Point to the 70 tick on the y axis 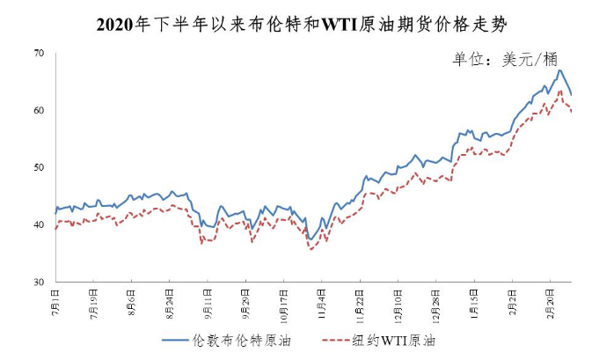pos(39,54)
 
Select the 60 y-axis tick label pos(39,111)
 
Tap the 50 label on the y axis pos(39,168)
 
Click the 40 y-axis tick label pos(39,225)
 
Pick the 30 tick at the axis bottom pos(39,283)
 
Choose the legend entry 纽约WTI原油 pos(397,340)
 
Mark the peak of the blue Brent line pos(559,70)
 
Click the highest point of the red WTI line pos(560,90)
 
